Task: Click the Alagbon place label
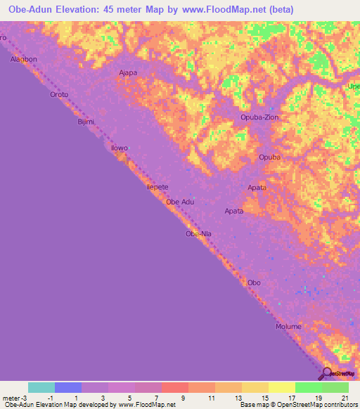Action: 23,60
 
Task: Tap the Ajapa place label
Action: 128,72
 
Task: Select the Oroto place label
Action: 59,94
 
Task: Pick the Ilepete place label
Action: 157,188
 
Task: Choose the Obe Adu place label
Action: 179,202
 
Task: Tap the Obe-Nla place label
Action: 198,233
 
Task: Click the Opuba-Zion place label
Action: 260,117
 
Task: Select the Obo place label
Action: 254,283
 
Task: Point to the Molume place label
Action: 288,327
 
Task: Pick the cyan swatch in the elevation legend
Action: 41,387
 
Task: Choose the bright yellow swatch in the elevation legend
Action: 281,387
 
